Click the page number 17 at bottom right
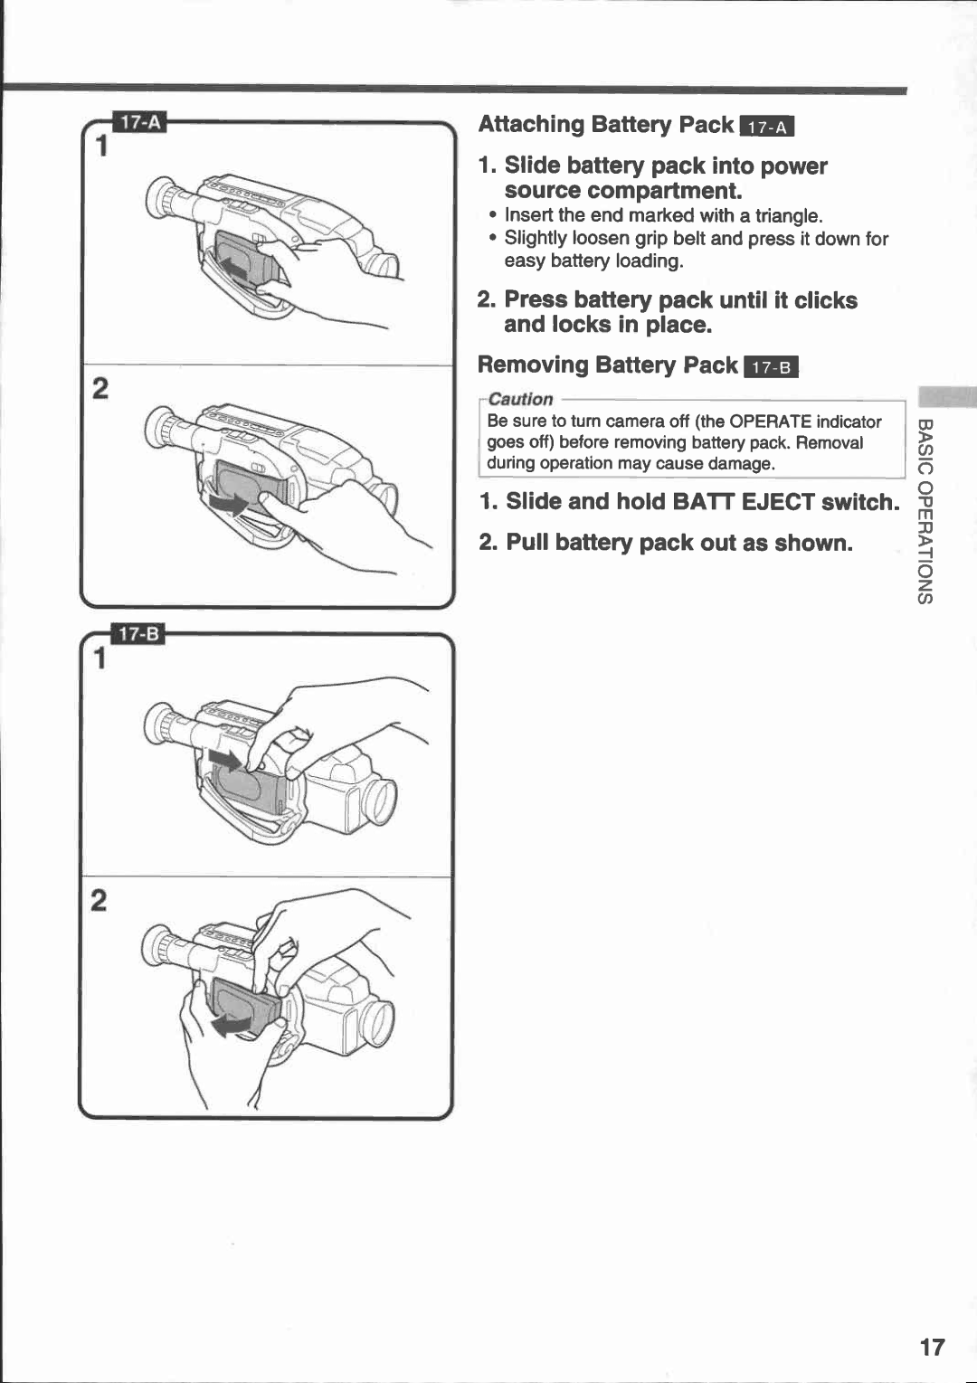[x=932, y=1347]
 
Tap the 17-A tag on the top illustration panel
[x=139, y=122]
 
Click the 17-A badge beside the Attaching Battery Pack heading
[x=766, y=127]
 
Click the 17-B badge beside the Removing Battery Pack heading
[x=771, y=367]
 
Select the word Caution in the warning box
[x=520, y=399]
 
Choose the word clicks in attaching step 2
[x=825, y=300]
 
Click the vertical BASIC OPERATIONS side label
[x=925, y=511]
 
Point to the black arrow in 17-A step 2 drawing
[x=230, y=501]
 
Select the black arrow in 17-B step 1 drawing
[x=226, y=758]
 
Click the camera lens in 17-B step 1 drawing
[x=379, y=801]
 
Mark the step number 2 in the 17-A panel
[x=100, y=388]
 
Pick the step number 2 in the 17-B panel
[x=99, y=900]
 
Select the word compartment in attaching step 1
[x=663, y=191]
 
